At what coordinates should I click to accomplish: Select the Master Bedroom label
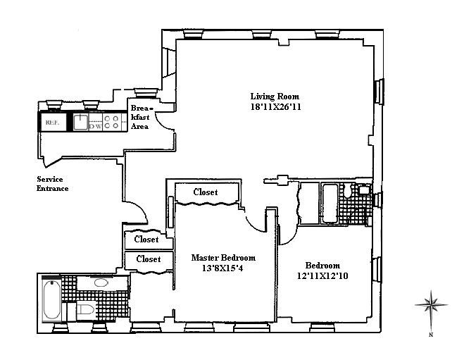click(x=223, y=258)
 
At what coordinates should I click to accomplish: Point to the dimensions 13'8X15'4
click(x=222, y=268)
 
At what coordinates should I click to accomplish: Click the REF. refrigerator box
click(x=53, y=122)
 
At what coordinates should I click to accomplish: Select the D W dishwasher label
click(x=94, y=128)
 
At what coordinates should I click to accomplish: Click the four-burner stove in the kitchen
click(x=111, y=123)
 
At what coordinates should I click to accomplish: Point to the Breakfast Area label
click(x=139, y=116)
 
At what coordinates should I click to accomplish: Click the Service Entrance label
click(x=54, y=183)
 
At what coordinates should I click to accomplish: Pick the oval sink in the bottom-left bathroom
click(x=102, y=283)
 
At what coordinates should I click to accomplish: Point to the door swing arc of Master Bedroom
click(x=255, y=221)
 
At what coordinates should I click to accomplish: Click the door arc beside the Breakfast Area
click(x=164, y=122)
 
